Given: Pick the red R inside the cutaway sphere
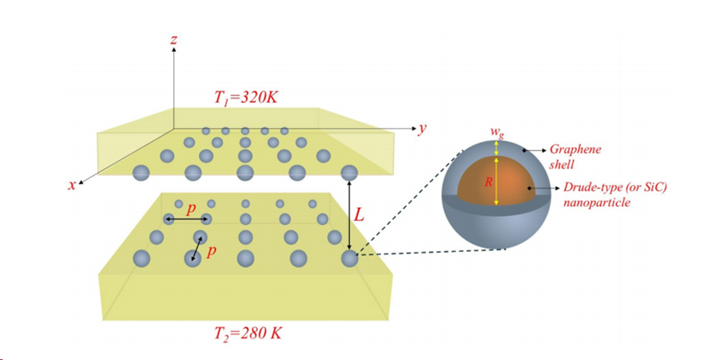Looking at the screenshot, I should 488,180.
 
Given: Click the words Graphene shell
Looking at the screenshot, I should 573,157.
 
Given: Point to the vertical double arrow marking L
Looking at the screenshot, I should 349,214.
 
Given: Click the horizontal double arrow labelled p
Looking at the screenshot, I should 186,219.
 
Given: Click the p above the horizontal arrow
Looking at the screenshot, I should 190,208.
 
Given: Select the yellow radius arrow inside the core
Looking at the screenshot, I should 496,180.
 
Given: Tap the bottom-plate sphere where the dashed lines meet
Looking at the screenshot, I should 349,259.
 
